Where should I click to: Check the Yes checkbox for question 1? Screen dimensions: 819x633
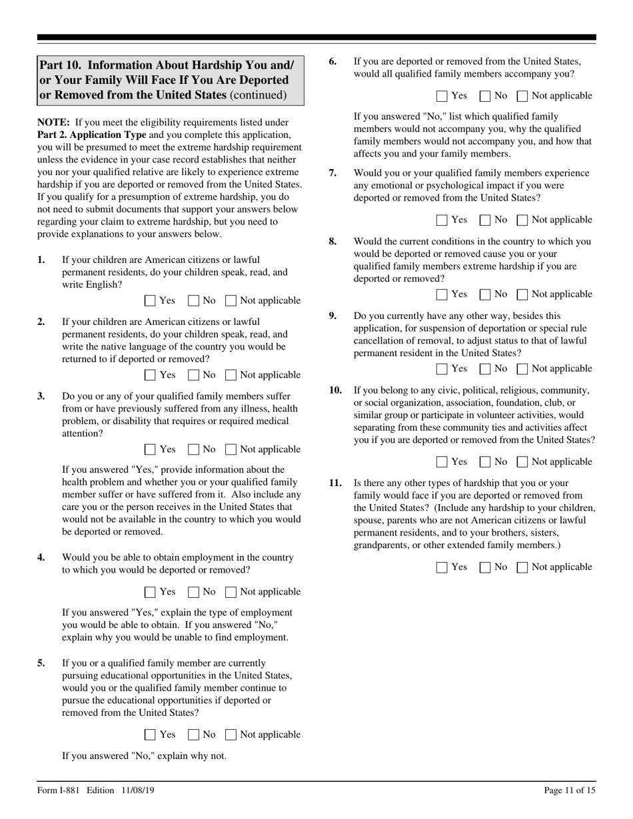(150, 301)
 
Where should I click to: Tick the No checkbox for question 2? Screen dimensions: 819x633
(194, 376)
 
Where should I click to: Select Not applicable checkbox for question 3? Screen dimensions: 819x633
(231, 450)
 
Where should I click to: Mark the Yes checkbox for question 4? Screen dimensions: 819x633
(150, 593)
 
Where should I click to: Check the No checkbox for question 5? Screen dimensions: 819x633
(194, 735)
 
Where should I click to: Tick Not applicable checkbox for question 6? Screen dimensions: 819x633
(523, 97)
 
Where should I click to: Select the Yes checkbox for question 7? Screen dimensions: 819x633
(442, 220)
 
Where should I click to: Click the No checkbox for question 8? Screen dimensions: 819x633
(486, 295)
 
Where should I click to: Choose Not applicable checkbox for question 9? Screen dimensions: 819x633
(523, 370)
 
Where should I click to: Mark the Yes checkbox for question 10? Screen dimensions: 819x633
(442, 463)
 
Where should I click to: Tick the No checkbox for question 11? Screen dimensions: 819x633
(486, 568)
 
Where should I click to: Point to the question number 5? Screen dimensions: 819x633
(41, 663)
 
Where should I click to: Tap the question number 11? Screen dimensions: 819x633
(336, 483)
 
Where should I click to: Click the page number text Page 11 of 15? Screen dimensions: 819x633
(570, 791)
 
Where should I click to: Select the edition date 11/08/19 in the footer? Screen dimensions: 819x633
(139, 791)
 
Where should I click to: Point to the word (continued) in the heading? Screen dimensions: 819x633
(258, 95)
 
